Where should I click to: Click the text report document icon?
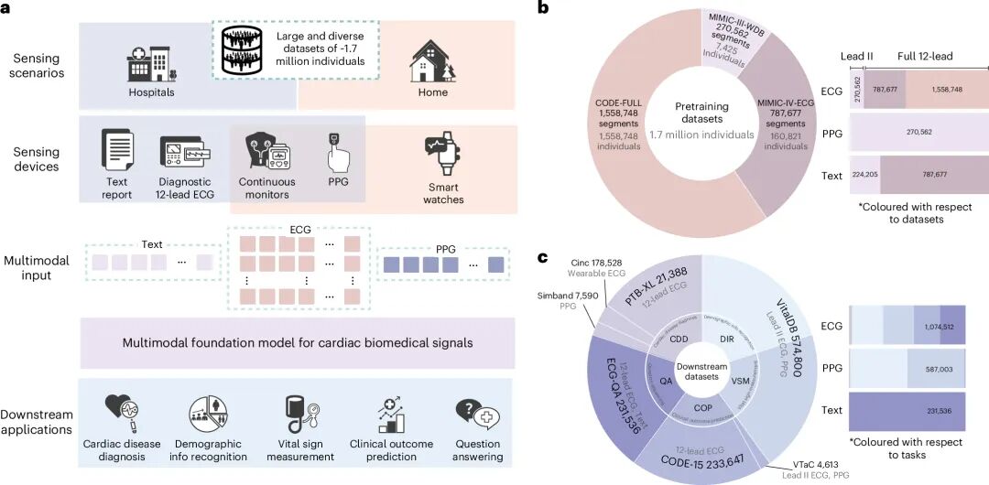click(117, 156)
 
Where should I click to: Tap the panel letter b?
click(543, 8)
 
